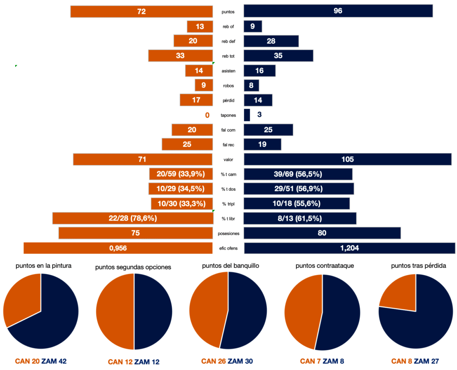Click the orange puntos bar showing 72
pos(141,11)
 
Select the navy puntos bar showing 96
pos(338,11)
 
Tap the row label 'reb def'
pos(228,41)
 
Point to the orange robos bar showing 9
pos(204,85)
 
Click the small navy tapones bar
pos(247,115)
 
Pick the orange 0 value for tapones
pos(207,115)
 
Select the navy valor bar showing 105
pos(348,159)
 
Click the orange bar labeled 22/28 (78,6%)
pos(133,218)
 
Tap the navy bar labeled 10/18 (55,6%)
pos(297,204)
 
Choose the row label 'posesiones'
pos(228,233)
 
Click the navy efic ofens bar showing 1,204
pos(349,248)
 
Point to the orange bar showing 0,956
pos(118,248)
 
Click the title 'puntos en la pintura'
pos(44,265)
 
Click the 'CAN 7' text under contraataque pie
pos(311,361)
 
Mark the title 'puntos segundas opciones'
pos(133,267)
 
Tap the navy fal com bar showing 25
pos(268,130)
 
